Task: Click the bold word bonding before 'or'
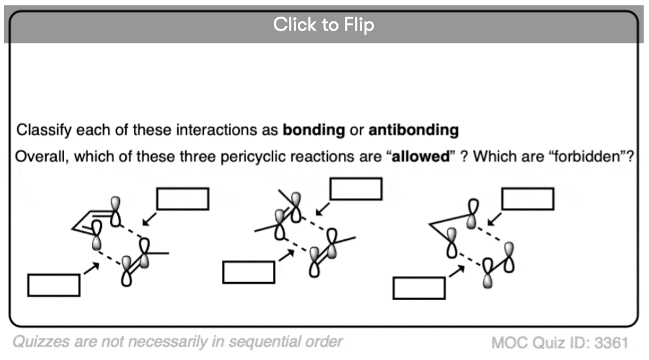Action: pos(314,130)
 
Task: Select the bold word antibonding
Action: pos(414,130)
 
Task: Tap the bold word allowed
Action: pos(420,157)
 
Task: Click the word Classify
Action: pos(44,130)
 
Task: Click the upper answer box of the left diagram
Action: pos(183,199)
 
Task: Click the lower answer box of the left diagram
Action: pos(54,285)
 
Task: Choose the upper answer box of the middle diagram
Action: pos(356,189)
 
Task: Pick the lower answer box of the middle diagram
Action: pos(249,272)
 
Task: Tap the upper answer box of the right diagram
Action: pos(528,199)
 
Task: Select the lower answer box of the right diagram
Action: pos(419,288)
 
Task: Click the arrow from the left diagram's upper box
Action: pos(149,219)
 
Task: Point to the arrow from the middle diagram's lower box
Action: pos(287,255)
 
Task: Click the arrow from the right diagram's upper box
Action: pos(494,219)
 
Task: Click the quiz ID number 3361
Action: pos(611,343)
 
